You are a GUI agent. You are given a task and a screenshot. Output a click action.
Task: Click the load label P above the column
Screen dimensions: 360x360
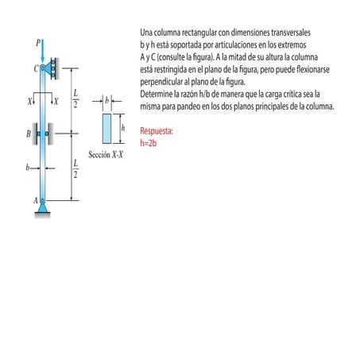[38, 41]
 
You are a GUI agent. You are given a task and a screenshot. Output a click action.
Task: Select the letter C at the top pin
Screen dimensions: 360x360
[36, 69]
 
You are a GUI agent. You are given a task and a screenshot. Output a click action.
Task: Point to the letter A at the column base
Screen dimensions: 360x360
[36, 201]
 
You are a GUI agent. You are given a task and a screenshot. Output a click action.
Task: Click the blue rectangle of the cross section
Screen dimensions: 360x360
[107, 128]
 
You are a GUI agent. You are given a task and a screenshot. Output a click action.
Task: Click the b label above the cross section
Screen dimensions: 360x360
[106, 103]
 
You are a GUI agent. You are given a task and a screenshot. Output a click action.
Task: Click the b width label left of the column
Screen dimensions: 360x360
[27, 168]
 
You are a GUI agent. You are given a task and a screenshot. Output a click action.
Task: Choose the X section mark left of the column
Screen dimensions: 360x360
[29, 102]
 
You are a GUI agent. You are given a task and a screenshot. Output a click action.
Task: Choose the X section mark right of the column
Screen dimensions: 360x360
[56, 102]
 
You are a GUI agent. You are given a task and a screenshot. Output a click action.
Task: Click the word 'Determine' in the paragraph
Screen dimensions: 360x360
[157, 94]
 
